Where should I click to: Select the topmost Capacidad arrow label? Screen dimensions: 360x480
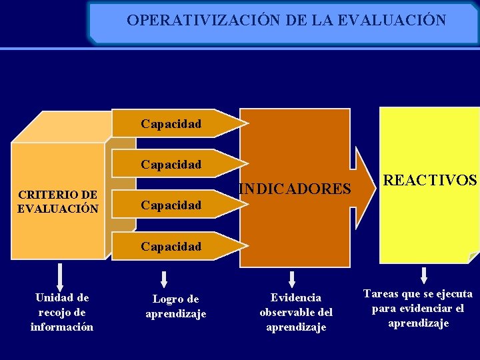click(171, 123)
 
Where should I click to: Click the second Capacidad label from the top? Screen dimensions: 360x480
click(171, 164)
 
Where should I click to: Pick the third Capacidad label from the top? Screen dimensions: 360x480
click(171, 205)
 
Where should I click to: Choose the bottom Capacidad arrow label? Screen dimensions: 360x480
click(171, 246)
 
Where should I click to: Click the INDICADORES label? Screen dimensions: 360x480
click(295, 190)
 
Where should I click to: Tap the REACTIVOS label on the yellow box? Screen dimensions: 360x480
click(430, 180)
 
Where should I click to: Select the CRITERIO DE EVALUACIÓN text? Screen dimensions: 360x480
click(58, 201)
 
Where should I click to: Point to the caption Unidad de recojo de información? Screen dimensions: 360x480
click(62, 312)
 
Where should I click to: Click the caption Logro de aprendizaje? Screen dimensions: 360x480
click(176, 306)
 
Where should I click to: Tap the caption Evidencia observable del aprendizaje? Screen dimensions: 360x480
click(295, 312)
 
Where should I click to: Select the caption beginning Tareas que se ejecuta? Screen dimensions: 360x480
click(418, 308)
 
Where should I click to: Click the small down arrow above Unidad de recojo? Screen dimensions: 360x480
click(60, 275)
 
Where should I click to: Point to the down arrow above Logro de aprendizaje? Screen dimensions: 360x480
click(164, 279)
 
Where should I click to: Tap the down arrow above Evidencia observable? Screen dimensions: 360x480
click(291, 279)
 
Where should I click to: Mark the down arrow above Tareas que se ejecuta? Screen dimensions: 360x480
click(424, 275)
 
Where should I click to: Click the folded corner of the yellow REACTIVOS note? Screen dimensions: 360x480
click(474, 257)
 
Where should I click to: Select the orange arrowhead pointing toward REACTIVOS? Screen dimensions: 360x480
click(363, 188)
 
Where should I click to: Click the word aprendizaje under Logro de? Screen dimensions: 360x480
click(176, 313)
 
